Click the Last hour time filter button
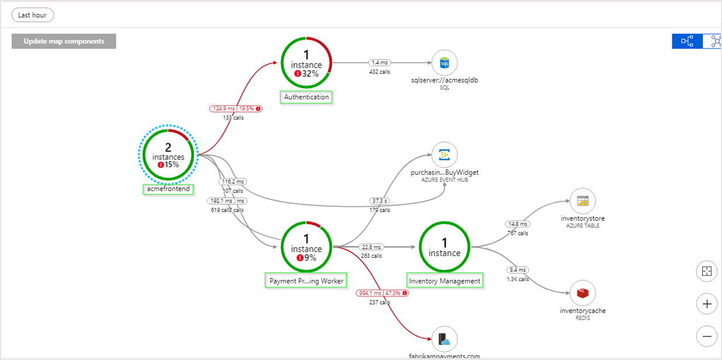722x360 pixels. tap(33, 15)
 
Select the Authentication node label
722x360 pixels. tap(307, 97)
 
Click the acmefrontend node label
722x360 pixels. tap(168, 189)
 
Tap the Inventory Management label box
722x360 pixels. tap(445, 281)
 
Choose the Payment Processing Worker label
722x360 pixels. tap(306, 281)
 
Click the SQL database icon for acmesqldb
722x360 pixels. tap(445, 63)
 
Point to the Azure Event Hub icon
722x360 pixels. tap(445, 155)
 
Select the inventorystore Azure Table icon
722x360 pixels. tap(582, 201)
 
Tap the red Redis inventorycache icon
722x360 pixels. tap(582, 293)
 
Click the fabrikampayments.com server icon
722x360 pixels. tap(445, 338)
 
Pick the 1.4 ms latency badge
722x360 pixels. tap(379, 63)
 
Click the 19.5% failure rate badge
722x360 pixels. tap(249, 109)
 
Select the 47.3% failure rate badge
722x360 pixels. tap(396, 293)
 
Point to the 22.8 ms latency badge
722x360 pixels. tap(372, 247)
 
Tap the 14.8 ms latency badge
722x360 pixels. tap(518, 224)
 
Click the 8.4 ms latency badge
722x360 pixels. tap(518, 270)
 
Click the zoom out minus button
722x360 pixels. tap(707, 336)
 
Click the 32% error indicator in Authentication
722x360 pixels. tap(307, 74)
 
